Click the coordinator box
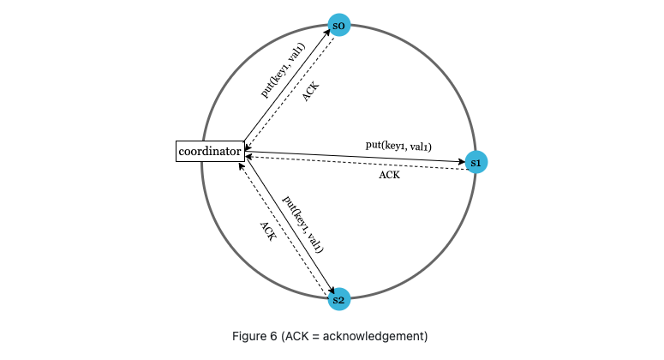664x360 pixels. click(x=209, y=153)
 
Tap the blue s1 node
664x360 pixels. click(x=476, y=161)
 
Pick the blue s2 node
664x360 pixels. click(x=339, y=299)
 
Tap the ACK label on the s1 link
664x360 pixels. click(x=389, y=175)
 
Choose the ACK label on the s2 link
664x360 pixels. click(x=267, y=233)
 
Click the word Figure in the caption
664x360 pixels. click(x=250, y=336)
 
